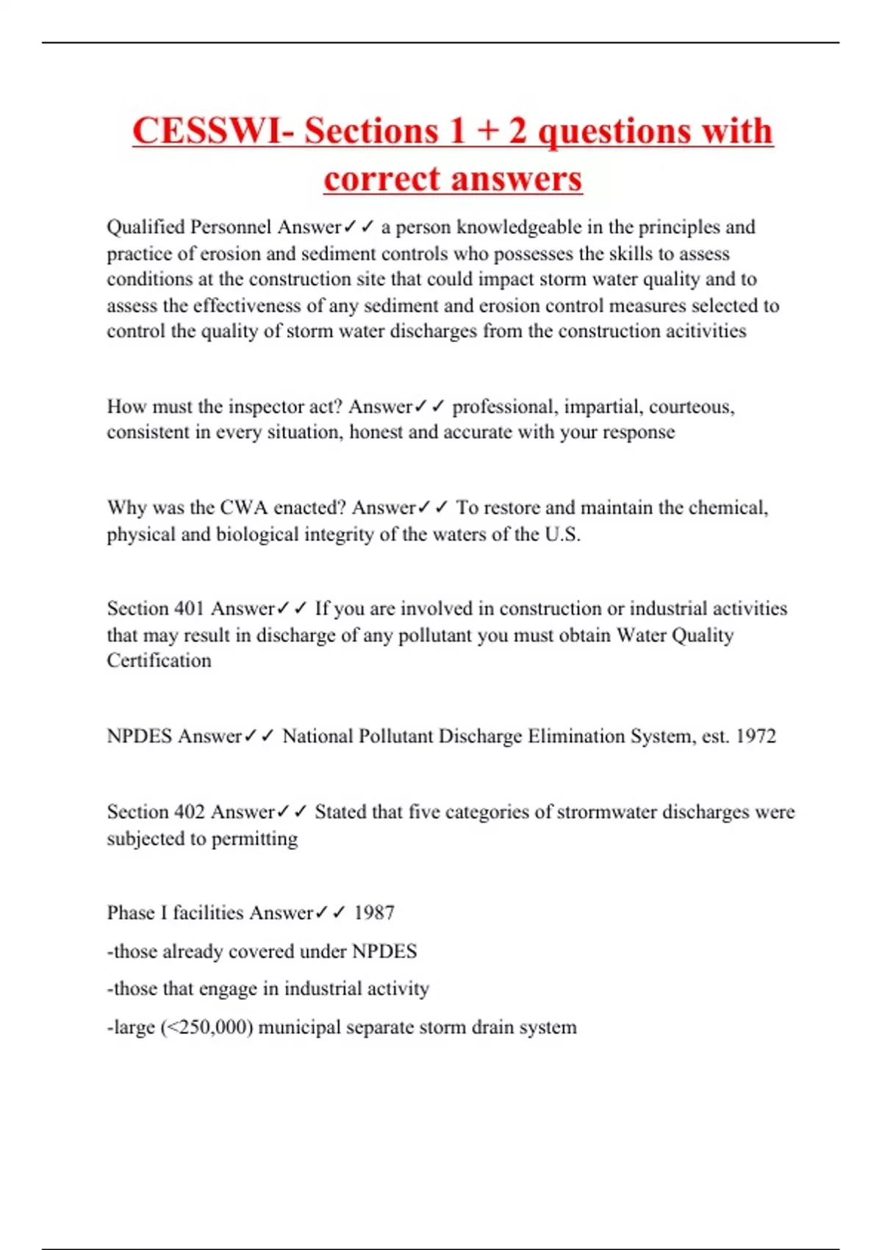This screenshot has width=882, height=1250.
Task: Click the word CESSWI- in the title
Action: pyautogui.click(x=213, y=132)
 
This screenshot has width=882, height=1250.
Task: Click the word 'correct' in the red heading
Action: pyautogui.click(x=381, y=179)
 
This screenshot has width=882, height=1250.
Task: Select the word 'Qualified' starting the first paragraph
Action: pyautogui.click(x=146, y=227)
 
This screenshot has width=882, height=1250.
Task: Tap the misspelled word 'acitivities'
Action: pyautogui.click(x=706, y=332)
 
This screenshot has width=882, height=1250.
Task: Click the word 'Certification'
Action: pyautogui.click(x=159, y=660)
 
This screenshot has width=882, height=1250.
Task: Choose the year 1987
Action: pyautogui.click(x=374, y=913)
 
